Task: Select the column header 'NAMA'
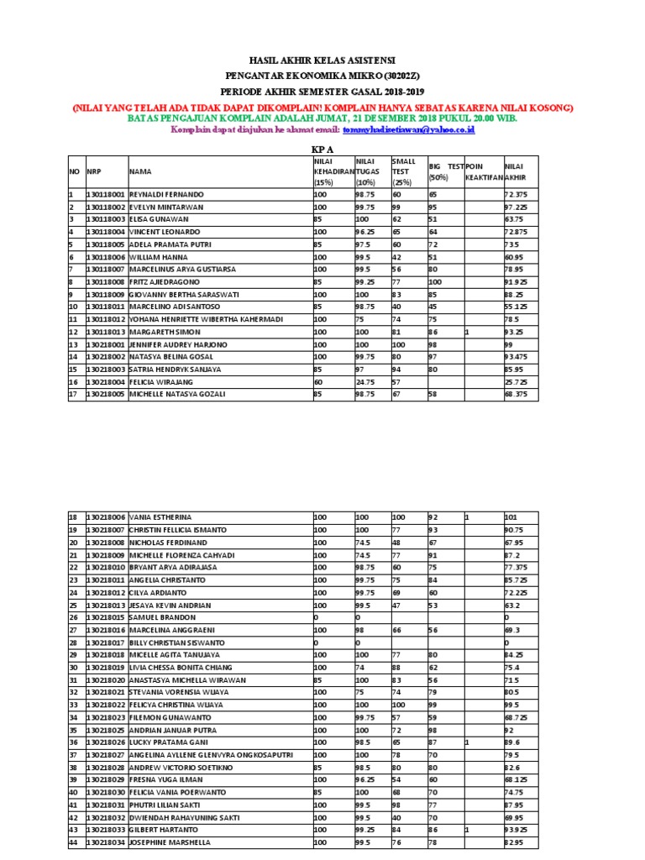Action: [139, 171]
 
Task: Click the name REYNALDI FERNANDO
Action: [166, 194]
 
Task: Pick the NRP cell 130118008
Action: [106, 282]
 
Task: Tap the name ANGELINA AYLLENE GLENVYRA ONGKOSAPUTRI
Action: [211, 755]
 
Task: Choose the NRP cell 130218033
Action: [106, 830]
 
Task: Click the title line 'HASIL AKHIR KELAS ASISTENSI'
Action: [322, 60]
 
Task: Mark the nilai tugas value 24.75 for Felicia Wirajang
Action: [365, 382]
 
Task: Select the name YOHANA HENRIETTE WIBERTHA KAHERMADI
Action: [207, 320]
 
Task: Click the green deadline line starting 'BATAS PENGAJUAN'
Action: [322, 118]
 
